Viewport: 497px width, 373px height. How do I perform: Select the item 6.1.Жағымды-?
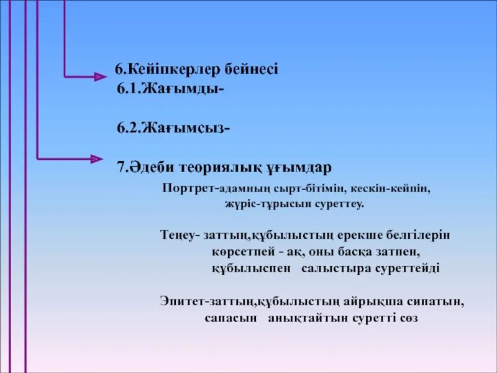click(x=170, y=90)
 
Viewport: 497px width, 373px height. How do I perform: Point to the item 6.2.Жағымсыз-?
click(x=173, y=128)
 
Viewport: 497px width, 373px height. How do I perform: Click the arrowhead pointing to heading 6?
click(x=98, y=76)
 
